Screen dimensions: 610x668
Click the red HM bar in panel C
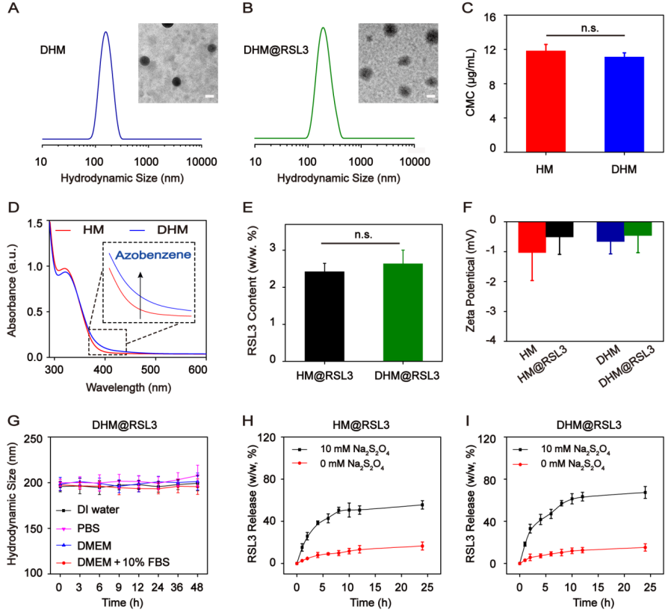click(x=525, y=101)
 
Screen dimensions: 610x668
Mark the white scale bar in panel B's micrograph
click(x=431, y=96)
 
